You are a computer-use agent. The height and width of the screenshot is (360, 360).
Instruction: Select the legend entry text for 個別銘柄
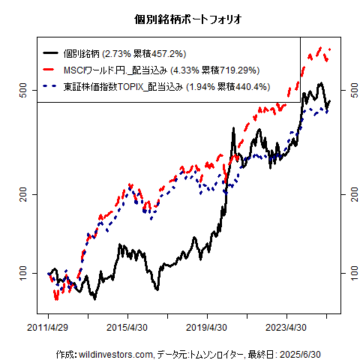124,53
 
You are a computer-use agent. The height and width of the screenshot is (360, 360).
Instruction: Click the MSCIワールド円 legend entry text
161,70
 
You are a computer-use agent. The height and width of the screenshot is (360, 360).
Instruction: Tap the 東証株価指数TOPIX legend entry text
166,86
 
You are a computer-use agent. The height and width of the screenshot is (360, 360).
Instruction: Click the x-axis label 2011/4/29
48,328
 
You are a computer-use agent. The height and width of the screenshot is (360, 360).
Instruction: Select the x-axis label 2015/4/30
127,328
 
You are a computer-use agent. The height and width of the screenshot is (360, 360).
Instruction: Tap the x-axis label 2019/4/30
207,328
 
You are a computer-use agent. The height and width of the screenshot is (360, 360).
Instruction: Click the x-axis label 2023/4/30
286,328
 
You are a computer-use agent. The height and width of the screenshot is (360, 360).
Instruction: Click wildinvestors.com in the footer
116,353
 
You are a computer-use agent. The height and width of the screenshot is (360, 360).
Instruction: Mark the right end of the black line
329,101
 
